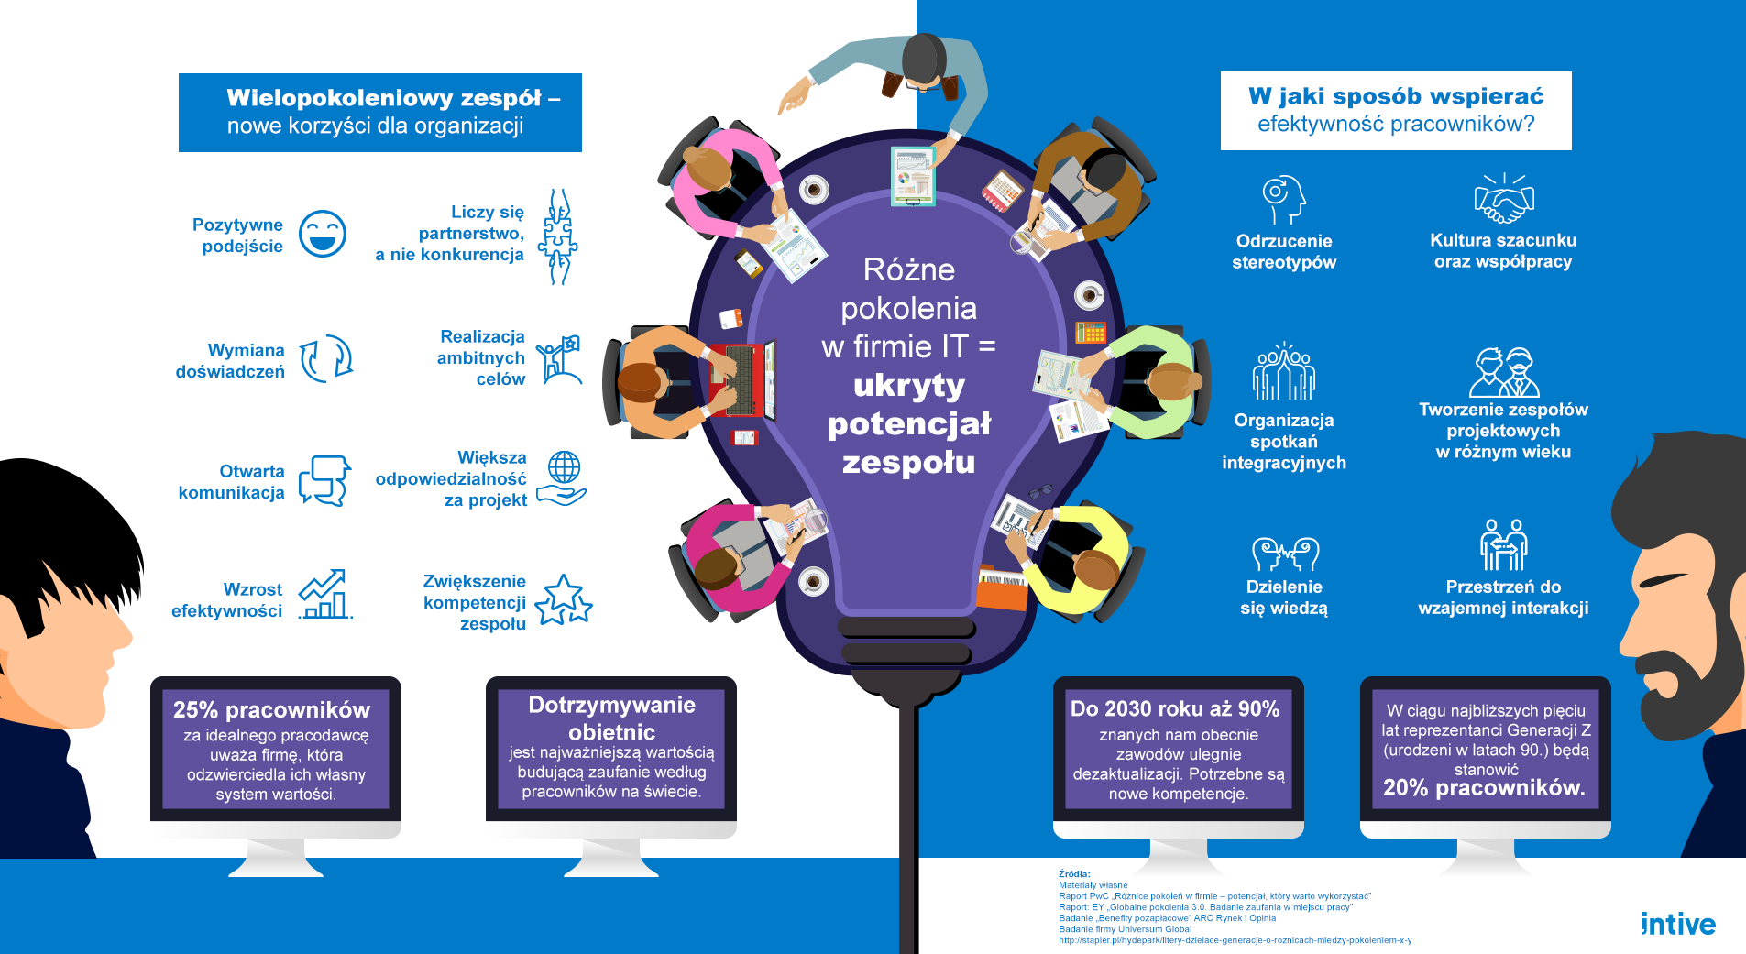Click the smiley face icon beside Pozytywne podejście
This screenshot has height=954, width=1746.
(323, 234)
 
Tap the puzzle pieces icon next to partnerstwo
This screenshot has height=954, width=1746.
(557, 236)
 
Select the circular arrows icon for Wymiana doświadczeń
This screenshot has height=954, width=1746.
(326, 358)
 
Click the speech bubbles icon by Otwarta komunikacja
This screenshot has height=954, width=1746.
(324, 480)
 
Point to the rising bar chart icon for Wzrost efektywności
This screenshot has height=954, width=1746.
(325, 594)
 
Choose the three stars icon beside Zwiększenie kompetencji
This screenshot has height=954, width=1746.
(563, 600)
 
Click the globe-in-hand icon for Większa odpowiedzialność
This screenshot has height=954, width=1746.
(562, 477)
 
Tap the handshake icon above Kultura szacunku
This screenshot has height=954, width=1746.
(1504, 200)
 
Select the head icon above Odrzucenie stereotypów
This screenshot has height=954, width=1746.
(1283, 199)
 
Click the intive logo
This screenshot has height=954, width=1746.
(1677, 924)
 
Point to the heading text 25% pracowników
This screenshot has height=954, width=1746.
(271, 710)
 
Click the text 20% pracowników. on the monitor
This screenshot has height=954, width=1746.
(1484, 788)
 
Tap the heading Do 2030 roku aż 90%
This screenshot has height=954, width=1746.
(1175, 708)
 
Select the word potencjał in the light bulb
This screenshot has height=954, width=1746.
(908, 423)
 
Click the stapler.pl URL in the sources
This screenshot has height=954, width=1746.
(1235, 940)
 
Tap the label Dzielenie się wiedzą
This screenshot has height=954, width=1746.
(1283, 598)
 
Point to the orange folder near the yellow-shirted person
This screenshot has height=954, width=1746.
(1001, 589)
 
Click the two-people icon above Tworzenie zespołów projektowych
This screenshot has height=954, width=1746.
(1503, 372)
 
